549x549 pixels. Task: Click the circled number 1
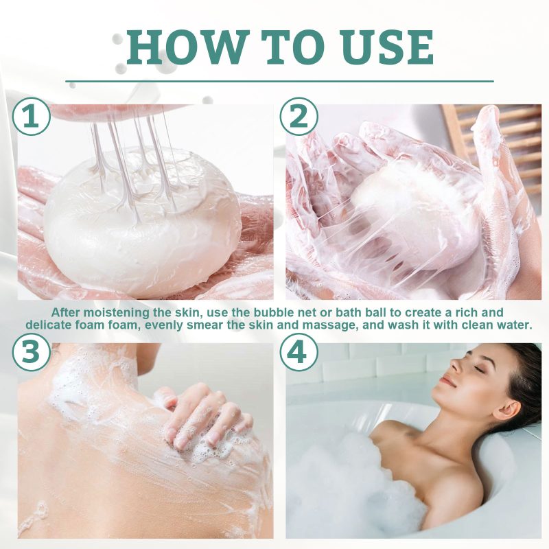pos(32,117)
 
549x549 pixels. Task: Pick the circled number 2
pos(299,117)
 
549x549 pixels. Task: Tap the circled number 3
pos(32,353)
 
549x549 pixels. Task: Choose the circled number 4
pos(299,353)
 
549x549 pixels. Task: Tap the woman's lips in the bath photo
pos(447,382)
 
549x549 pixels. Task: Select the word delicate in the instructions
pos(48,325)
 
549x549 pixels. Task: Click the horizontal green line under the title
pos(279,82)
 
